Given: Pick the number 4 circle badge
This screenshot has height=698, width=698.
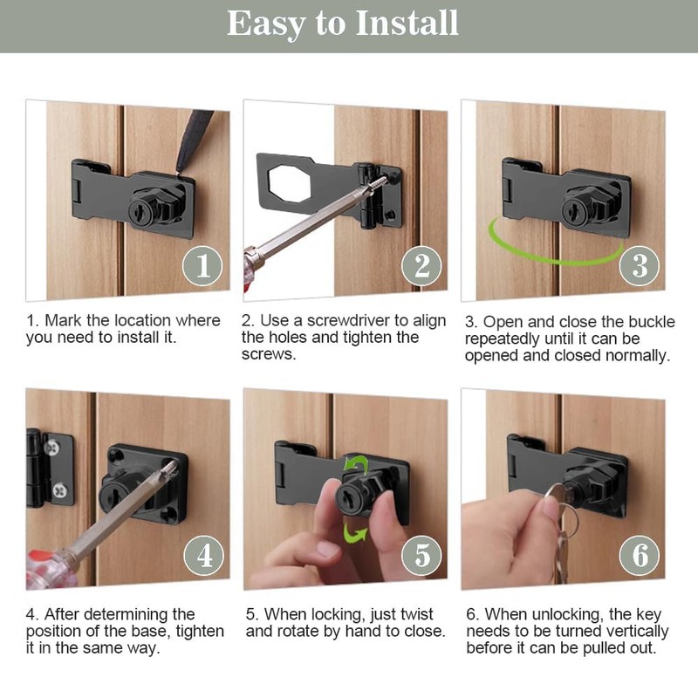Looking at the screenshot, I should click(203, 555).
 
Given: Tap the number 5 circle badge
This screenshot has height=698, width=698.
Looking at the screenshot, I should click(421, 555).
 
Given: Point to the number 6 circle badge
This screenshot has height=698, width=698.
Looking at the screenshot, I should click(640, 555).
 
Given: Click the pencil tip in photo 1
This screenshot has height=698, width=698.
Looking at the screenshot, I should click(181, 168).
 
